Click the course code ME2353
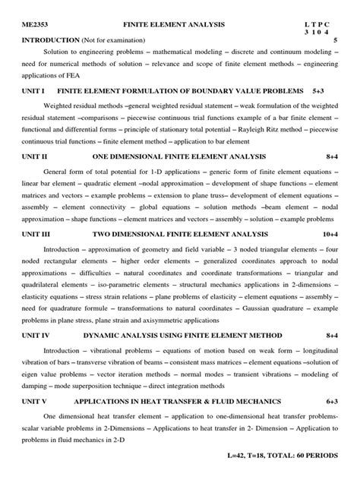[34, 25]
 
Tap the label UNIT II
[34, 156]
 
